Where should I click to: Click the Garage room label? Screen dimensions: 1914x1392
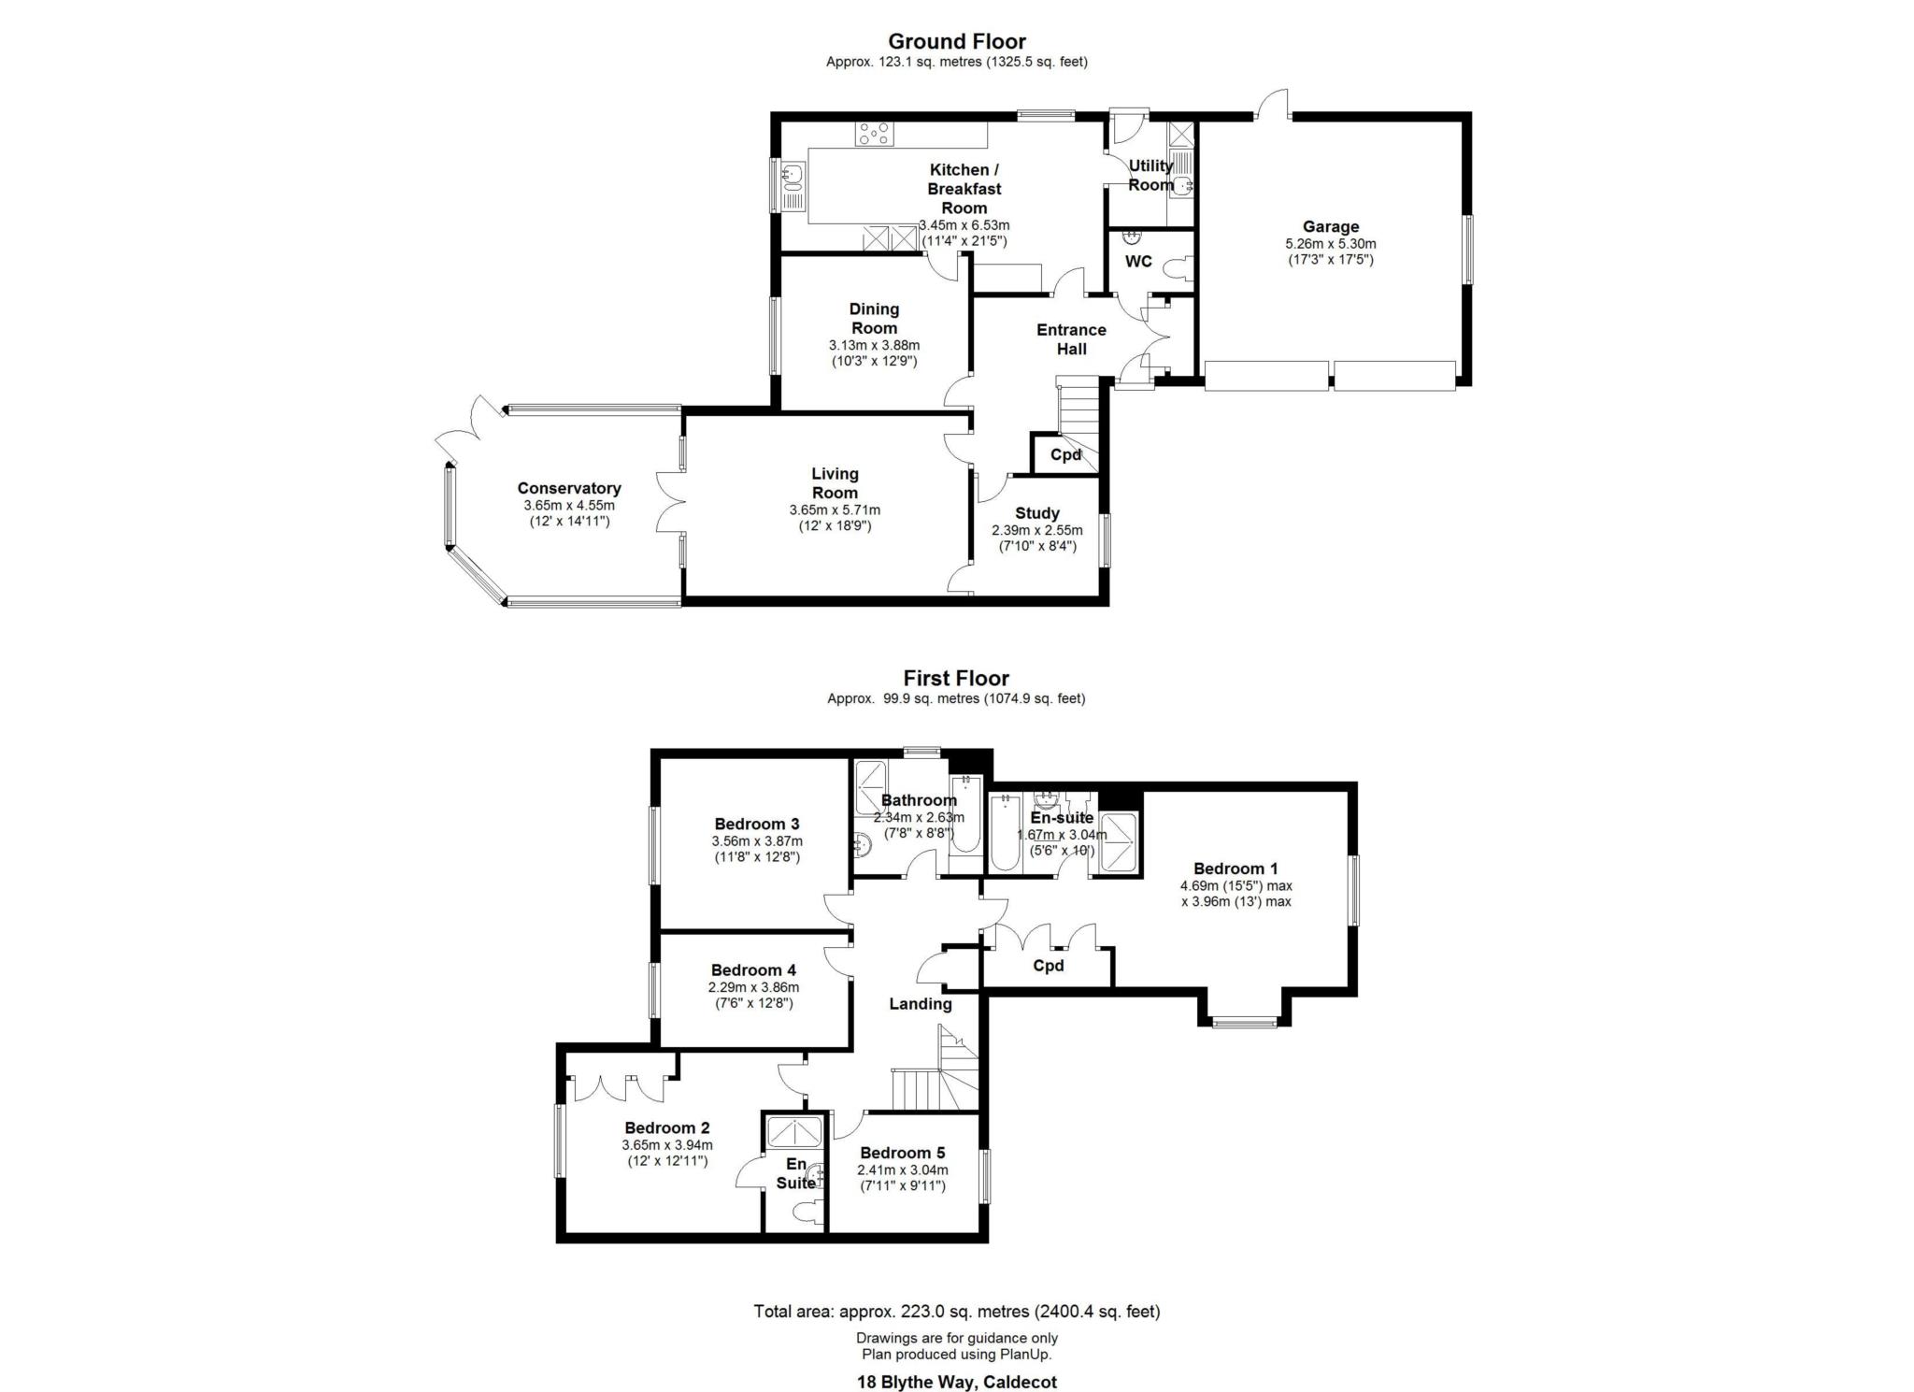1331,226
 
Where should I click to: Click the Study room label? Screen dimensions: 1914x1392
1037,513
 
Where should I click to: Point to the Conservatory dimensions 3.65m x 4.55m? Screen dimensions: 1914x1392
569,506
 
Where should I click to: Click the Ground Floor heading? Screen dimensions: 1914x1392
957,41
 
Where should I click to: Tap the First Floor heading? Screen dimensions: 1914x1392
956,678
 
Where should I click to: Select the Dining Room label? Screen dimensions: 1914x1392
875,319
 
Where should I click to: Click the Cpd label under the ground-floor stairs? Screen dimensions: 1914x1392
1066,455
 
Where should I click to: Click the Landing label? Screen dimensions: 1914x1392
921,1004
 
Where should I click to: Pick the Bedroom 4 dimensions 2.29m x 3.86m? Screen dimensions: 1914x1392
753,987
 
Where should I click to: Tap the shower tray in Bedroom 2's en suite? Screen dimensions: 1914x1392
794,1131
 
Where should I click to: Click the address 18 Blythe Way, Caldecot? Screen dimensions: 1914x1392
957,1382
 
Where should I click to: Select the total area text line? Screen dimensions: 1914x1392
957,1312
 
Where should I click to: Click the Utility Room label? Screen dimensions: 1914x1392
1150,175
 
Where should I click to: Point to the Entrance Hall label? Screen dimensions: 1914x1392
1071,339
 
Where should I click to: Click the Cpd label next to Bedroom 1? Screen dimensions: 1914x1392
1049,966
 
